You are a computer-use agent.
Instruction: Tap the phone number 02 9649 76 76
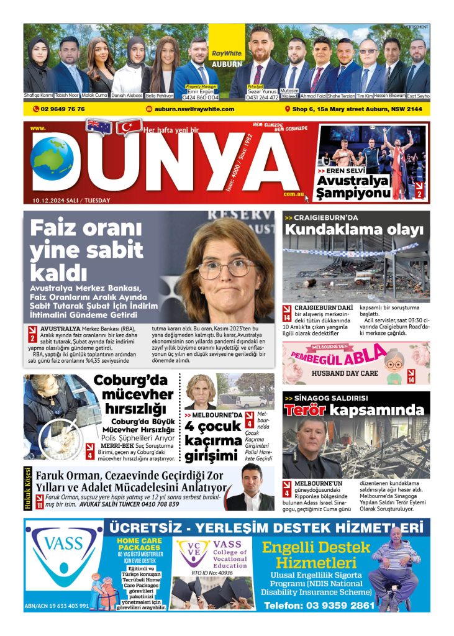coord(62,109)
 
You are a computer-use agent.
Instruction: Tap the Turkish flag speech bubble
coord(129,127)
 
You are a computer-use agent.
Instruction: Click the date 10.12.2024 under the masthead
coord(56,200)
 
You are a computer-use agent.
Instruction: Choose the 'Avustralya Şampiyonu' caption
coord(353,186)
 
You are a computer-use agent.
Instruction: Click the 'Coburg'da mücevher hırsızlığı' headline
coord(134,394)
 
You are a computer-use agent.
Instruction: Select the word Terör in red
coord(305,411)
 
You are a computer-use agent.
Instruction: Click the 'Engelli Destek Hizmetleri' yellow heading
coord(317,555)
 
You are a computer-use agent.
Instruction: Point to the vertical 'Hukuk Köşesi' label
coord(27,488)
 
